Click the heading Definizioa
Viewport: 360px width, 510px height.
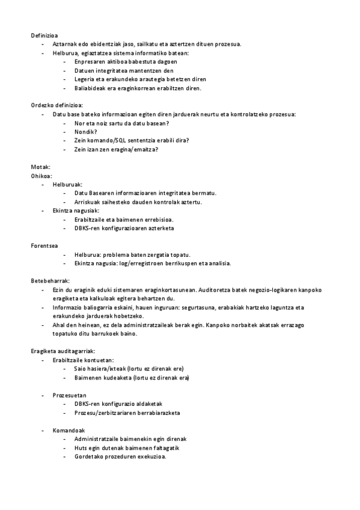pos(44,35)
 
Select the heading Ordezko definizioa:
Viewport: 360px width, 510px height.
pos(57,105)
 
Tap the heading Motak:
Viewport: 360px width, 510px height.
pos(41,167)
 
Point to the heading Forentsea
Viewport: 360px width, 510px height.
pos(46,245)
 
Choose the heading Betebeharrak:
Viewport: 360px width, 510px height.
pos(50,281)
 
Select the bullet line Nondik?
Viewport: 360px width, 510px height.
pos(86,132)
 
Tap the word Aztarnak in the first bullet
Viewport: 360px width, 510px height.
pos(64,44)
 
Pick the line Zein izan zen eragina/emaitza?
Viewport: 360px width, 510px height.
pos(116,149)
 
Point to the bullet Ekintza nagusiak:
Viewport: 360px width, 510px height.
pos(76,210)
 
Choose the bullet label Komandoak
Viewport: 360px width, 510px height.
pos(69,430)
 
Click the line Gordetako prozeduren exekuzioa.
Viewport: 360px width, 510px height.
pos(120,456)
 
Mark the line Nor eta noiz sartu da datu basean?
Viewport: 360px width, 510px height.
pos(121,123)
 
